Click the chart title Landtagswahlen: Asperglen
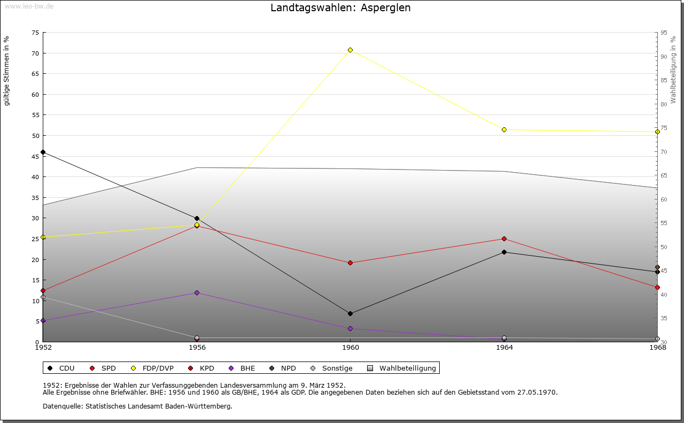tap(340, 8)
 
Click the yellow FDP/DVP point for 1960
tap(351, 50)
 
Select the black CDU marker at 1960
tap(351, 314)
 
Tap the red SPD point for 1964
tap(504, 239)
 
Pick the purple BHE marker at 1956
tap(197, 293)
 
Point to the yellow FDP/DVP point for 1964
tap(504, 130)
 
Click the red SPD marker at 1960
tap(351, 263)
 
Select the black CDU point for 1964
tap(504, 252)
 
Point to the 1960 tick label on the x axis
tap(351, 348)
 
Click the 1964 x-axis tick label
tap(504, 348)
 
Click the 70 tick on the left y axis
tap(35, 53)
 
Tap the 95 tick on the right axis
tap(663, 33)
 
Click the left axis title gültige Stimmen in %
tap(7, 71)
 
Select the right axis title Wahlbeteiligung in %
tap(673, 70)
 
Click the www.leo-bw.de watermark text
tap(28, 6)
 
